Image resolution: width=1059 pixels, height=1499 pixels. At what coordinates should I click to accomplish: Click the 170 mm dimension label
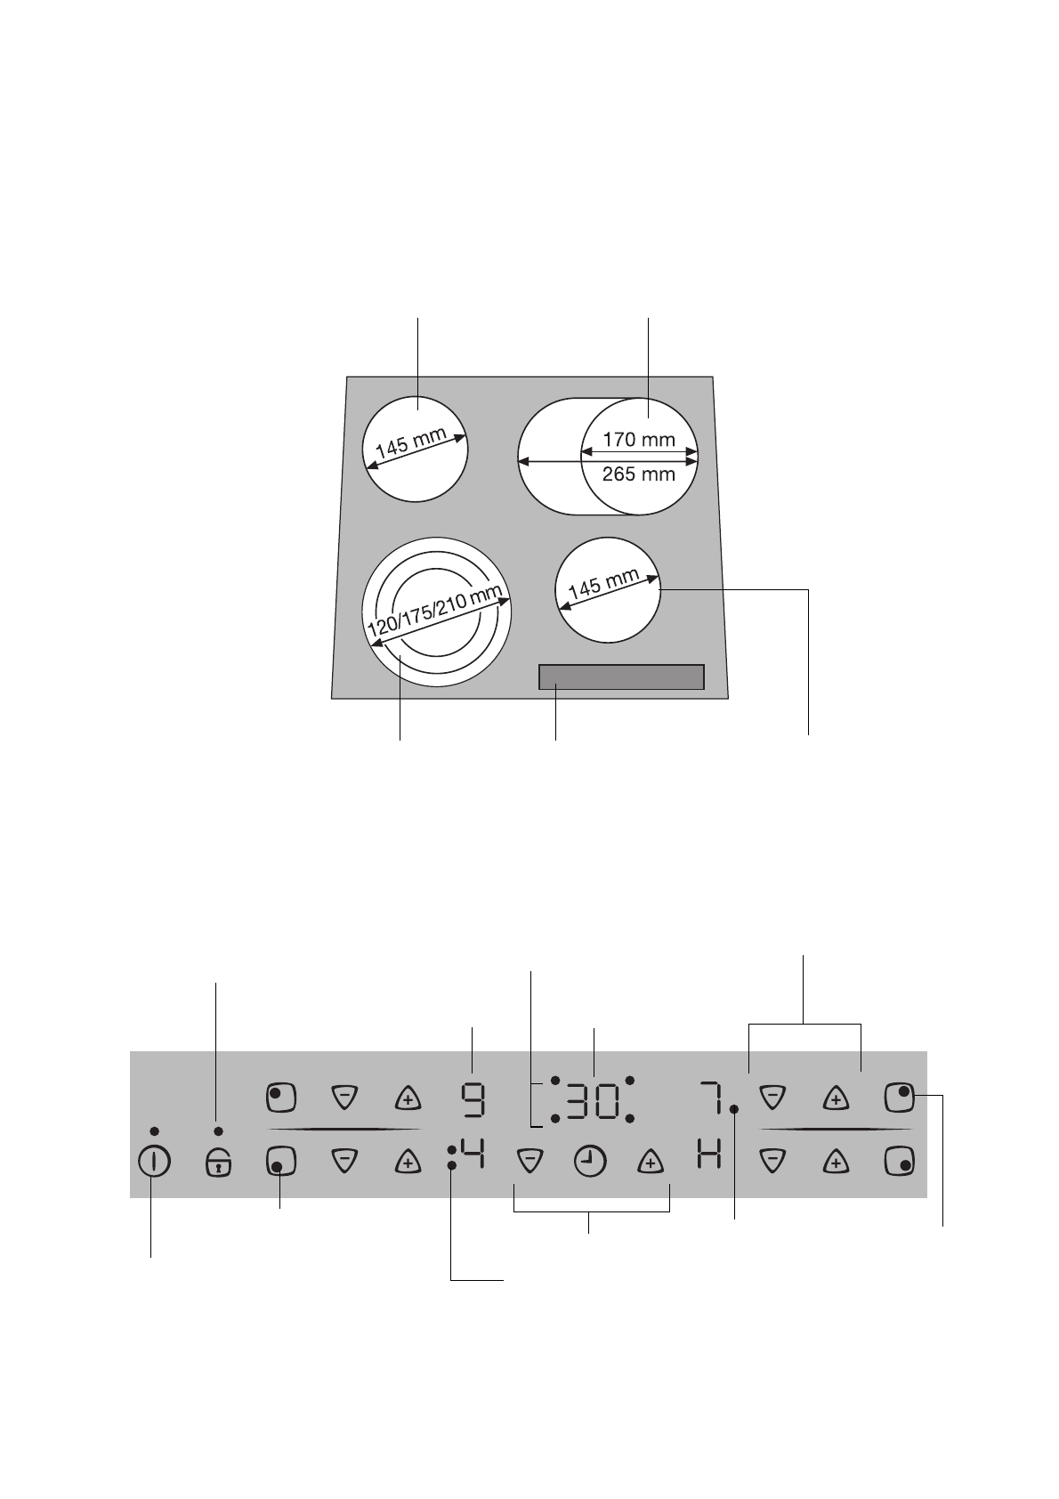point(638,439)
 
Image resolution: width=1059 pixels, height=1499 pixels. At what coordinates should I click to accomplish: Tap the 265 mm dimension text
point(638,474)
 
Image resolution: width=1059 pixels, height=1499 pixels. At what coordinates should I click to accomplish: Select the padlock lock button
point(218,1162)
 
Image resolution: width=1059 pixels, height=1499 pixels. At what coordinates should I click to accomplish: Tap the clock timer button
point(589,1162)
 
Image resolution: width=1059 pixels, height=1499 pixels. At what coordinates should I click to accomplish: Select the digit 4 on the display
point(473,1158)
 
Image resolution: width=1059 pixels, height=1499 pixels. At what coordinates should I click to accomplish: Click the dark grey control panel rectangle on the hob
point(621,677)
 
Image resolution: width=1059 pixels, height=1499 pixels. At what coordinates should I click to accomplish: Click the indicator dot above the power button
point(155,1131)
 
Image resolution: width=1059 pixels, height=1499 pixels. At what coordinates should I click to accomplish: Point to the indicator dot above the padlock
point(218,1131)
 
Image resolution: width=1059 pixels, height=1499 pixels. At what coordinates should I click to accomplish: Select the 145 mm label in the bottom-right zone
point(603,585)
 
